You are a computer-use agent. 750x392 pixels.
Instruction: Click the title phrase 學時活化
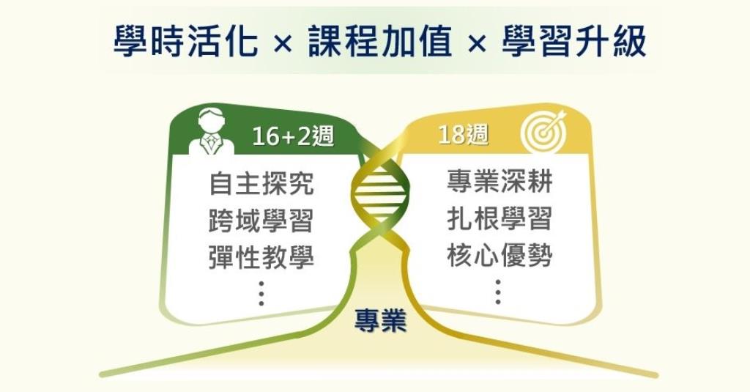[185, 41]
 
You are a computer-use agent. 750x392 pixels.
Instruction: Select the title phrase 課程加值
[380, 41]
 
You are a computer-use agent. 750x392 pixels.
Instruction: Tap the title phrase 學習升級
[574, 41]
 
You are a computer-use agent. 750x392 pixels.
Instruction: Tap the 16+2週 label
[293, 136]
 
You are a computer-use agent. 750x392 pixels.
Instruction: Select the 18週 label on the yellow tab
[463, 135]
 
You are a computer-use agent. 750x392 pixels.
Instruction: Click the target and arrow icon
[543, 131]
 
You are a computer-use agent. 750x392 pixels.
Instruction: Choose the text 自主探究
[261, 184]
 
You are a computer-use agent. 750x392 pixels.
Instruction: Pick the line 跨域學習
[261, 221]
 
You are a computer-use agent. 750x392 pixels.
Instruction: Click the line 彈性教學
[261, 257]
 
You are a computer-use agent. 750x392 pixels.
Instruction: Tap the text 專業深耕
[500, 182]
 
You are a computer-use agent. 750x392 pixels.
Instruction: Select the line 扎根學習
[500, 219]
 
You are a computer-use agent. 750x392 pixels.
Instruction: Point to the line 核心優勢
[500, 255]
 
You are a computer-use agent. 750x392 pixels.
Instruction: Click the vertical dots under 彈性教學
[261, 293]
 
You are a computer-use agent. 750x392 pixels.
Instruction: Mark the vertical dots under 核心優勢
[498, 292]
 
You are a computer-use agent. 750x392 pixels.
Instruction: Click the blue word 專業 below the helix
[380, 321]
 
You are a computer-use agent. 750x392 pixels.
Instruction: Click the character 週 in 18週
[476, 135]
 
